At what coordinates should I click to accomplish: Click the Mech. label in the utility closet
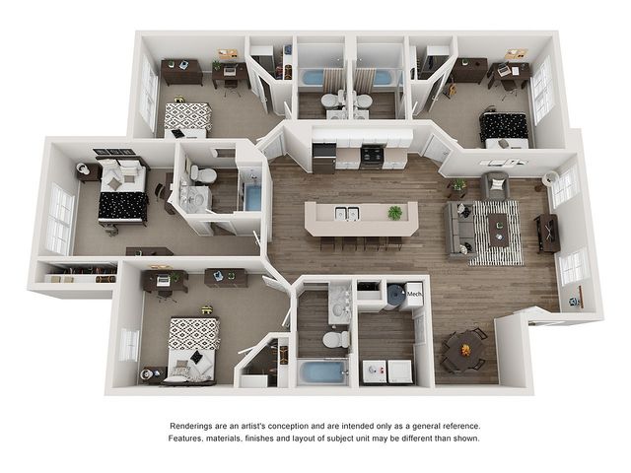point(414,294)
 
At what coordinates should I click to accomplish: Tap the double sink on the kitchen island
point(347,213)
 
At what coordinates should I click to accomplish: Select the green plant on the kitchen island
point(394,213)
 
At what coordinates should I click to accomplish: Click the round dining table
point(464,349)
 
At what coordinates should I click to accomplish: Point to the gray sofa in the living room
point(459,230)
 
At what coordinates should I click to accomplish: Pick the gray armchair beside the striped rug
point(495,185)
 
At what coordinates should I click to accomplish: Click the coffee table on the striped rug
point(498,230)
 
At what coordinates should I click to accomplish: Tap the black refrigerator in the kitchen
point(324,158)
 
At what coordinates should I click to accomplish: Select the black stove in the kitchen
point(371,157)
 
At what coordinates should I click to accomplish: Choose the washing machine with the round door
point(375,372)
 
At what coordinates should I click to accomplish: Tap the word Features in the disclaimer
point(185,438)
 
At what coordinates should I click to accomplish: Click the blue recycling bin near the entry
point(574,301)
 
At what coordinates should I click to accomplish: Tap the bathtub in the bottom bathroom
point(322,372)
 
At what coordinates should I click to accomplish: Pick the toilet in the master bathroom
point(203,174)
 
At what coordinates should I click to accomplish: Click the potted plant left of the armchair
point(457,186)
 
